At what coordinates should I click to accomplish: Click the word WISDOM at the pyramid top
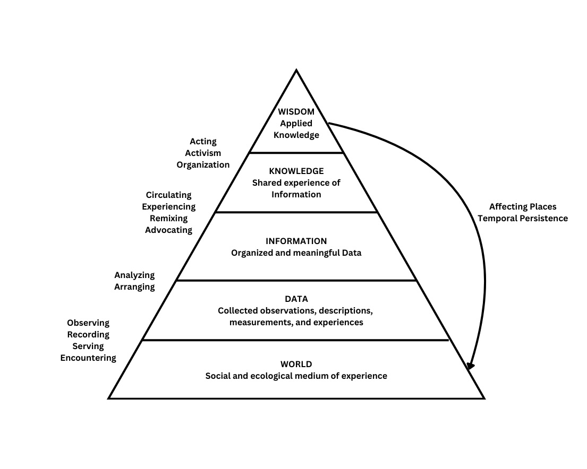click(x=296, y=112)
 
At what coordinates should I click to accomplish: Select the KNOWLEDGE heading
click(x=296, y=171)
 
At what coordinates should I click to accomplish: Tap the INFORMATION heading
click(x=296, y=241)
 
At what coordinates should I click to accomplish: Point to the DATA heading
click(x=296, y=299)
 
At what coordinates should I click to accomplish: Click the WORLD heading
click(x=296, y=364)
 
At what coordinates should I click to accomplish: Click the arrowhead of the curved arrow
click(x=470, y=366)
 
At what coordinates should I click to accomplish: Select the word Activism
click(x=203, y=153)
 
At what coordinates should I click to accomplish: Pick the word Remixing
click(x=168, y=219)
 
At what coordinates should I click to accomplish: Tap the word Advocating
click(x=168, y=230)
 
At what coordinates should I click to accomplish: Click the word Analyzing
click(x=134, y=275)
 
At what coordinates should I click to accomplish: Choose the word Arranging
click(x=134, y=287)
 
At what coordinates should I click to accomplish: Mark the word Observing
click(x=88, y=323)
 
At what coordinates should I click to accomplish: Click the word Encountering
click(x=88, y=358)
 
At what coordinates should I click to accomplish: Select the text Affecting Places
click(x=523, y=207)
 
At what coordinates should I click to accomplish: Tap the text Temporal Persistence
click(x=523, y=219)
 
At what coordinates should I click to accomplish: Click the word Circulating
click(x=168, y=195)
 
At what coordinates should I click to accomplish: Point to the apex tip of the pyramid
click(x=296, y=71)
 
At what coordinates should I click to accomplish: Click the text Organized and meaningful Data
click(x=296, y=253)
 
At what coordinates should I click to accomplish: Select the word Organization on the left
click(x=203, y=165)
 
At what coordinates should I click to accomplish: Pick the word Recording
click(x=88, y=335)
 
